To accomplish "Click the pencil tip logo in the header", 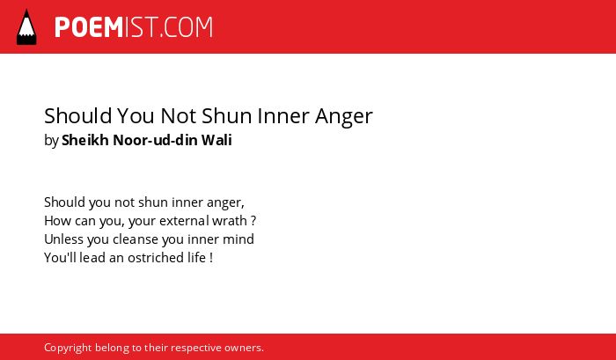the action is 26,26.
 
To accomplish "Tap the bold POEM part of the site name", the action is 89,27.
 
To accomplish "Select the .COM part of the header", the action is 187,27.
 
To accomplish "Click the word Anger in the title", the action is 344,117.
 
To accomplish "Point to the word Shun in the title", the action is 227,116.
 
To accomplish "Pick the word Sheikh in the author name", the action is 85,140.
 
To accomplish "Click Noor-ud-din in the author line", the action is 156,140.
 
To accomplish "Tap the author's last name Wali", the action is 216,140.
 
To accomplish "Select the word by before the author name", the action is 51,141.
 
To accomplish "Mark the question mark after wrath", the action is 253,221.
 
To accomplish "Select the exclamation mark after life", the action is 211,258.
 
